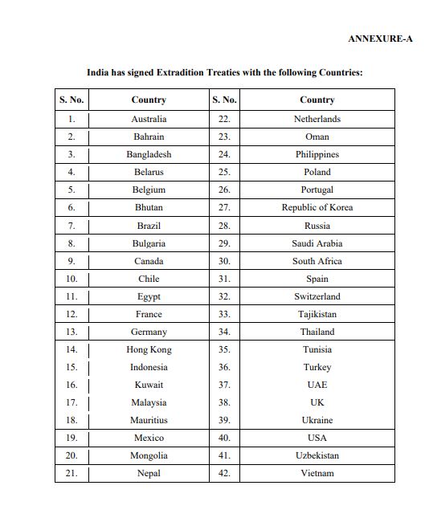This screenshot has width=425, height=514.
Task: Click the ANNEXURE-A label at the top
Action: (x=380, y=39)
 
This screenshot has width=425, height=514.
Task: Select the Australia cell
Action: (x=149, y=119)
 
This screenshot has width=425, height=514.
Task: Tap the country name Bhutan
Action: (x=149, y=207)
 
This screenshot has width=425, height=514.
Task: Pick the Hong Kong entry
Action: (x=149, y=349)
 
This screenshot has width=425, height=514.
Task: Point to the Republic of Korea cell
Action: (x=317, y=207)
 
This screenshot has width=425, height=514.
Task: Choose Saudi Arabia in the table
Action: (x=317, y=243)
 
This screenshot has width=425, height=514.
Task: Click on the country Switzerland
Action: (x=317, y=296)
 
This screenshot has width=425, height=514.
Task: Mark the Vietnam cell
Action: (x=317, y=473)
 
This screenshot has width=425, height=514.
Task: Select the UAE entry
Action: (x=317, y=385)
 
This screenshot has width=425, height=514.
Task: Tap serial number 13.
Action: (x=72, y=332)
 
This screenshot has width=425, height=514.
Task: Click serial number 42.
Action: (x=224, y=473)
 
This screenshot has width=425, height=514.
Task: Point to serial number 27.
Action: (x=224, y=207)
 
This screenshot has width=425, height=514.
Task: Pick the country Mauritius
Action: (x=149, y=420)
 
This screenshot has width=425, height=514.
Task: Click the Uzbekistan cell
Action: (x=317, y=455)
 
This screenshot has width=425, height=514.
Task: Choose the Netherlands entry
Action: (x=317, y=119)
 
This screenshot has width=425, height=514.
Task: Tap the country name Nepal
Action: (x=149, y=473)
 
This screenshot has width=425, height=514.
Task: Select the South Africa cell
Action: (x=317, y=261)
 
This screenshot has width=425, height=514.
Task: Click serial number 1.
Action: (x=72, y=119)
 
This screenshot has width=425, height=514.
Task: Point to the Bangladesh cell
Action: (x=149, y=154)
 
